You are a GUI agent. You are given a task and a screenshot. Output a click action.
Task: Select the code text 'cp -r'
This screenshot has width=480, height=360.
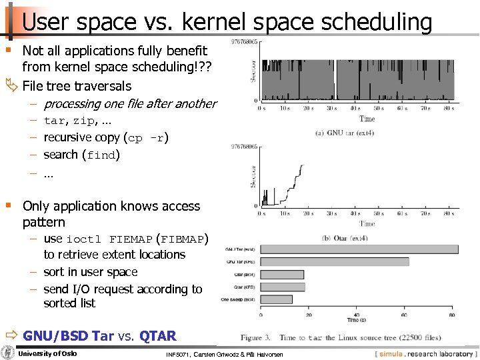point(147,138)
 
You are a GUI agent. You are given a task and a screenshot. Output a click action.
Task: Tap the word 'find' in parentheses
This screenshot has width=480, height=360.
point(101,155)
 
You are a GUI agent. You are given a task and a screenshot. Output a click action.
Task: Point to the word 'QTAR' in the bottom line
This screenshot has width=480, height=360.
point(158,336)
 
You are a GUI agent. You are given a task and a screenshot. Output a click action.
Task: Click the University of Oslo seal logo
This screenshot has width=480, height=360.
point(9,353)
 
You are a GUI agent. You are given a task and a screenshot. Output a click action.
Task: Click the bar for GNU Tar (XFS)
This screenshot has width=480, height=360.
point(333,262)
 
